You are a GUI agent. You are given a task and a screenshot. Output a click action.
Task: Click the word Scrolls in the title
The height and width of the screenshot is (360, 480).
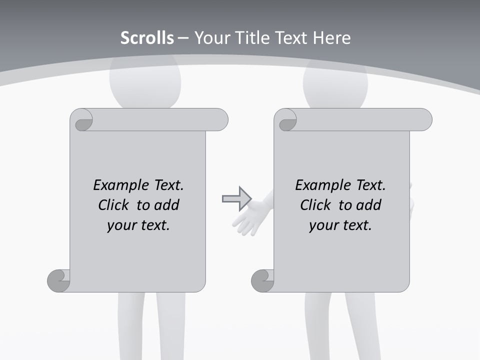147,38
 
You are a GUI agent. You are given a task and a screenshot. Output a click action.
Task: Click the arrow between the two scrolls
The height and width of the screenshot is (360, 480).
236,198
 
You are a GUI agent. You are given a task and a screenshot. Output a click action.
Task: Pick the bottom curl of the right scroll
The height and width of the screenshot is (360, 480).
263,281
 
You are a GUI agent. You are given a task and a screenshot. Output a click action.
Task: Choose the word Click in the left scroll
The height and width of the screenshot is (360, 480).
115,205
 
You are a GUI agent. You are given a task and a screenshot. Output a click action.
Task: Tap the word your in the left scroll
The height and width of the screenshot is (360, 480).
120,225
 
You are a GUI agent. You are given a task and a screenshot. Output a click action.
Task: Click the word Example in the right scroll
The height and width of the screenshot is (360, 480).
322,185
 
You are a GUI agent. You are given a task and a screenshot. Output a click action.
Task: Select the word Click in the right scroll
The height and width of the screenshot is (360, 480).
315,205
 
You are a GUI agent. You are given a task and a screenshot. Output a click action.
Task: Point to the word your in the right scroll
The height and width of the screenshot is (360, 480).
322,225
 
